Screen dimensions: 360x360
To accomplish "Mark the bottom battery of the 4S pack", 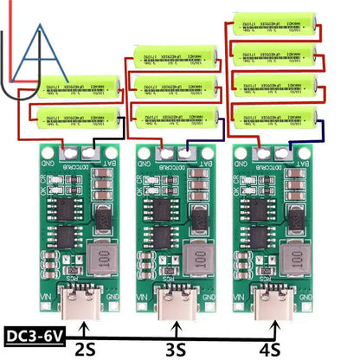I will (x=271, y=115).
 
